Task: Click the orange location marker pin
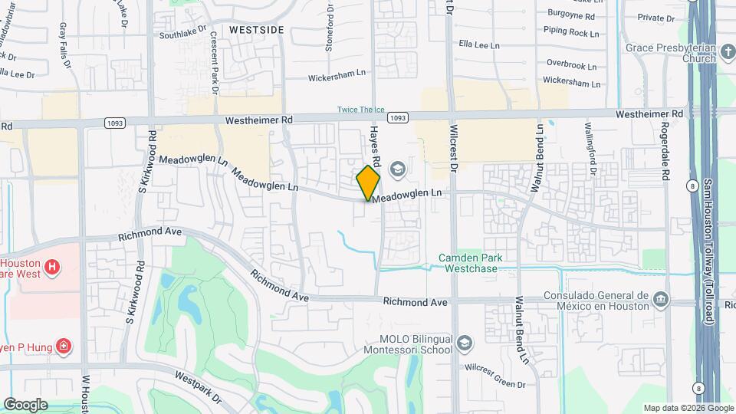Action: [368, 182]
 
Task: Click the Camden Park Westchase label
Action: [471, 264]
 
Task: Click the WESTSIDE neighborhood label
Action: [257, 29]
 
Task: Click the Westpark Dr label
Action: [197, 387]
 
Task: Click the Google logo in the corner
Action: [25, 404]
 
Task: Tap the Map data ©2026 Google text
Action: [688, 408]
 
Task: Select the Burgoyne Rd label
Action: [571, 15]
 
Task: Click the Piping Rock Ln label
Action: [573, 33]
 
